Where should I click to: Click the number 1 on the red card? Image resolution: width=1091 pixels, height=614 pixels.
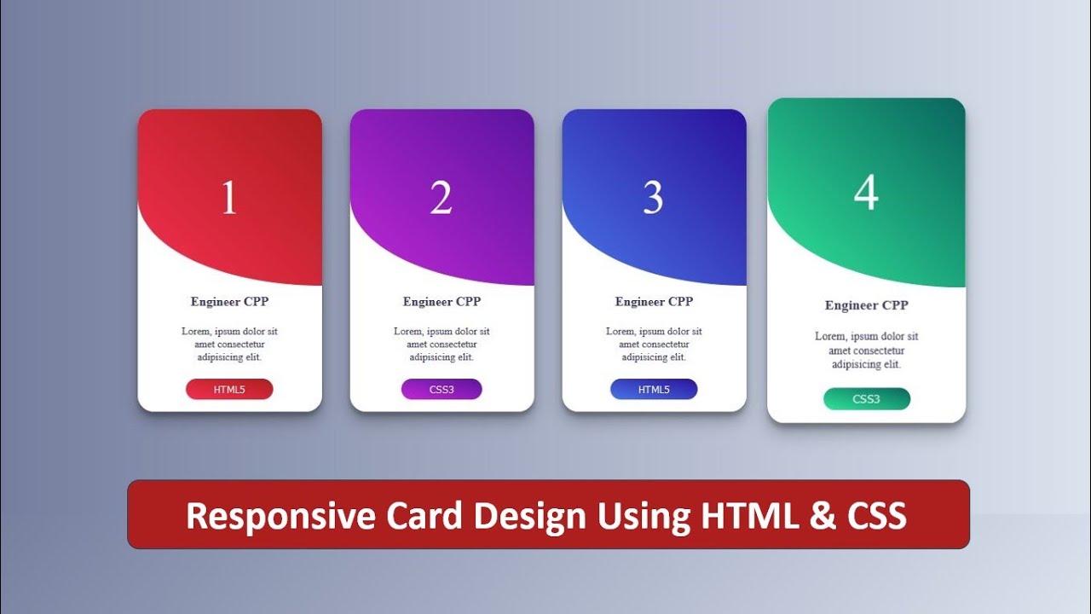pyautogui.click(x=229, y=198)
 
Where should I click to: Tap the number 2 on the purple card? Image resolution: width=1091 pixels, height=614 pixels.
pyautogui.click(x=441, y=198)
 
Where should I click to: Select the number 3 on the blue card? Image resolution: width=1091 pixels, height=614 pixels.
pyautogui.click(x=653, y=198)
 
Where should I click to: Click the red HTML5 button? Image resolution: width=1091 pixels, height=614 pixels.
pyautogui.click(x=229, y=390)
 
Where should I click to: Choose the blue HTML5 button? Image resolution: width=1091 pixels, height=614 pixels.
pyautogui.click(x=654, y=390)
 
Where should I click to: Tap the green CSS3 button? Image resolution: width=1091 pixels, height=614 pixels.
pyautogui.click(x=866, y=399)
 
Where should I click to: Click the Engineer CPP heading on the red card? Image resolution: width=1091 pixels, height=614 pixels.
pyautogui.click(x=229, y=302)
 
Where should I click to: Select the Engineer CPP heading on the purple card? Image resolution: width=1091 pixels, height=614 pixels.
pyautogui.click(x=442, y=302)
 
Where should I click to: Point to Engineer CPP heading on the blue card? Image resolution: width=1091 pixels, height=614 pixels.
pyautogui.click(x=654, y=302)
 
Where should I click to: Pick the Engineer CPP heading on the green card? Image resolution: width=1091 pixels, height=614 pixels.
pyautogui.click(x=866, y=305)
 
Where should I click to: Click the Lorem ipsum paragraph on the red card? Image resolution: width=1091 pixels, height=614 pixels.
pyautogui.click(x=229, y=344)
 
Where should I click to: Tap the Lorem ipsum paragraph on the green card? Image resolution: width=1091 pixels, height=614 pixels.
pyautogui.click(x=866, y=350)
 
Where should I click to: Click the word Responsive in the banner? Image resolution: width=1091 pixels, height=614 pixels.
pyautogui.click(x=280, y=516)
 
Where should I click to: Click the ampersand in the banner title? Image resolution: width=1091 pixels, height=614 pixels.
pyautogui.click(x=823, y=516)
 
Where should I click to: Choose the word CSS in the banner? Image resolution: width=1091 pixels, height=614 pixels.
pyautogui.click(x=877, y=516)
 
